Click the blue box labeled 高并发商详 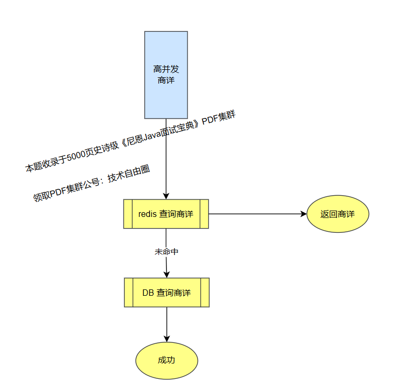click(166, 95)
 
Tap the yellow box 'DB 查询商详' click(167, 293)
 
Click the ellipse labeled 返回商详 click(338, 214)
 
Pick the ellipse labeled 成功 click(166, 360)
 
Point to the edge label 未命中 click(166, 252)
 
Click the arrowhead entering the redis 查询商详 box click(166, 195)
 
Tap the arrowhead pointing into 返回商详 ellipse click(303, 214)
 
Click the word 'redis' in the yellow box click(147, 214)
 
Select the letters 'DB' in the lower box click(148, 293)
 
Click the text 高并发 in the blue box click(166, 69)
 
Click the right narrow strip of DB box click(205, 293)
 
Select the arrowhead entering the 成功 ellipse click(167, 338)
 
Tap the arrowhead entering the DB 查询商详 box click(167, 274)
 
